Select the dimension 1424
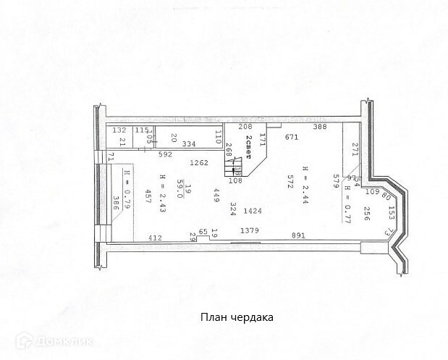pos(253,211)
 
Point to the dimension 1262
pos(199,162)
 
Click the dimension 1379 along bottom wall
pos(250,230)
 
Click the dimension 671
pos(292,138)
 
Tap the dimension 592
pos(164,154)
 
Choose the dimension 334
pos(190,144)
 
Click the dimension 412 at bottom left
pos(155,237)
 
